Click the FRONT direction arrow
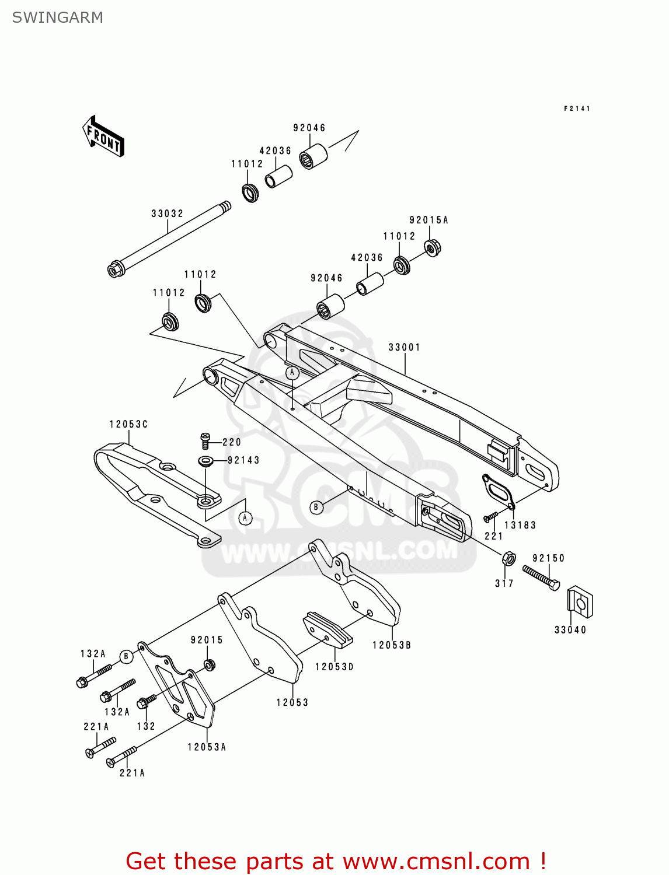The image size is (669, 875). coord(103,136)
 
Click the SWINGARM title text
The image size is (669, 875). coord(57,17)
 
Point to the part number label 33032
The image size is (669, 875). coord(167,213)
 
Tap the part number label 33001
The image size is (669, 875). coord(404,347)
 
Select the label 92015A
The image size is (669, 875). coord(428,220)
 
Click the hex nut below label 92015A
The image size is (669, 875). coord(431,248)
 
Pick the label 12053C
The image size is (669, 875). coord(128,424)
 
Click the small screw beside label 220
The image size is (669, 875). coord(205,440)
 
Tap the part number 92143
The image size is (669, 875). coord(243,460)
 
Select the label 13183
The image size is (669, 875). coord(520,525)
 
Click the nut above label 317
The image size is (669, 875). coord(508,559)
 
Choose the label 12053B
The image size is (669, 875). coord(392,645)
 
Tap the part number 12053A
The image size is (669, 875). coord(207,747)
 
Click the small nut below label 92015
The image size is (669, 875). coord(209,664)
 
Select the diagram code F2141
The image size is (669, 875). coord(577,108)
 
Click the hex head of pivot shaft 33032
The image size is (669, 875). coord(116,269)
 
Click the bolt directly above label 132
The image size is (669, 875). coord(146,702)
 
